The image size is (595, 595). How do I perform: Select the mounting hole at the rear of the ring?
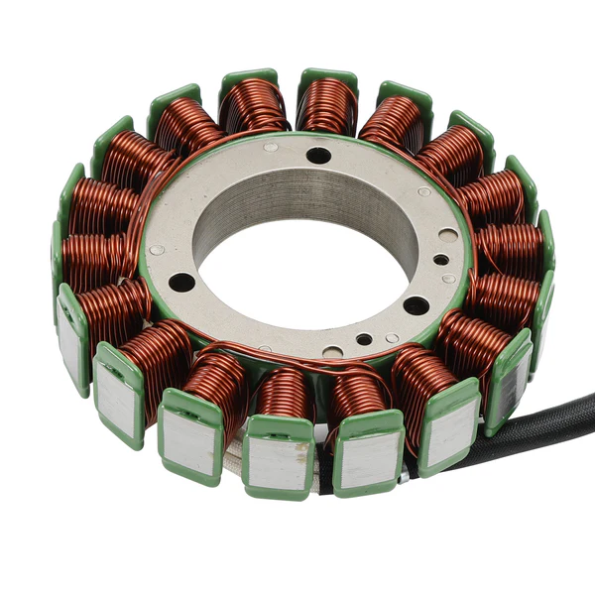[x=318, y=155]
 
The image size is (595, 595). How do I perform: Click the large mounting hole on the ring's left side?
[x=181, y=282]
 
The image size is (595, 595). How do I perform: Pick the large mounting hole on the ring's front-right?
[x=416, y=305]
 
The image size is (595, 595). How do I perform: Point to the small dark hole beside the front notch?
[x=364, y=339]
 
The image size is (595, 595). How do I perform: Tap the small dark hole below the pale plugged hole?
[x=440, y=260]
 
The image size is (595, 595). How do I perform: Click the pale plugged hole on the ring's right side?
[x=448, y=236]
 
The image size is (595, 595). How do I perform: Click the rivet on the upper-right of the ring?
[x=424, y=191]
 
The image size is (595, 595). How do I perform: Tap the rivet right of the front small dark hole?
[x=393, y=338]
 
